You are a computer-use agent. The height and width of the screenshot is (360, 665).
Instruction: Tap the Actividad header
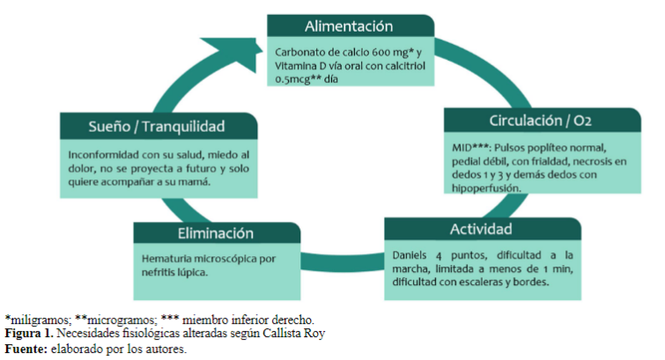pyautogui.click(x=481, y=230)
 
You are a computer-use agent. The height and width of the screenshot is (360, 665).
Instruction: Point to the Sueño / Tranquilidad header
pyautogui.click(x=158, y=125)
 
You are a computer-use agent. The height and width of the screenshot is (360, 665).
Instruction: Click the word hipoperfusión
pyautogui.click(x=488, y=187)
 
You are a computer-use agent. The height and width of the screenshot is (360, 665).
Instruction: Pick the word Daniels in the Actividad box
pyautogui.click(x=410, y=255)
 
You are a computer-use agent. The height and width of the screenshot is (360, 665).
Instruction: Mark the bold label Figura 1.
pyautogui.click(x=28, y=334)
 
